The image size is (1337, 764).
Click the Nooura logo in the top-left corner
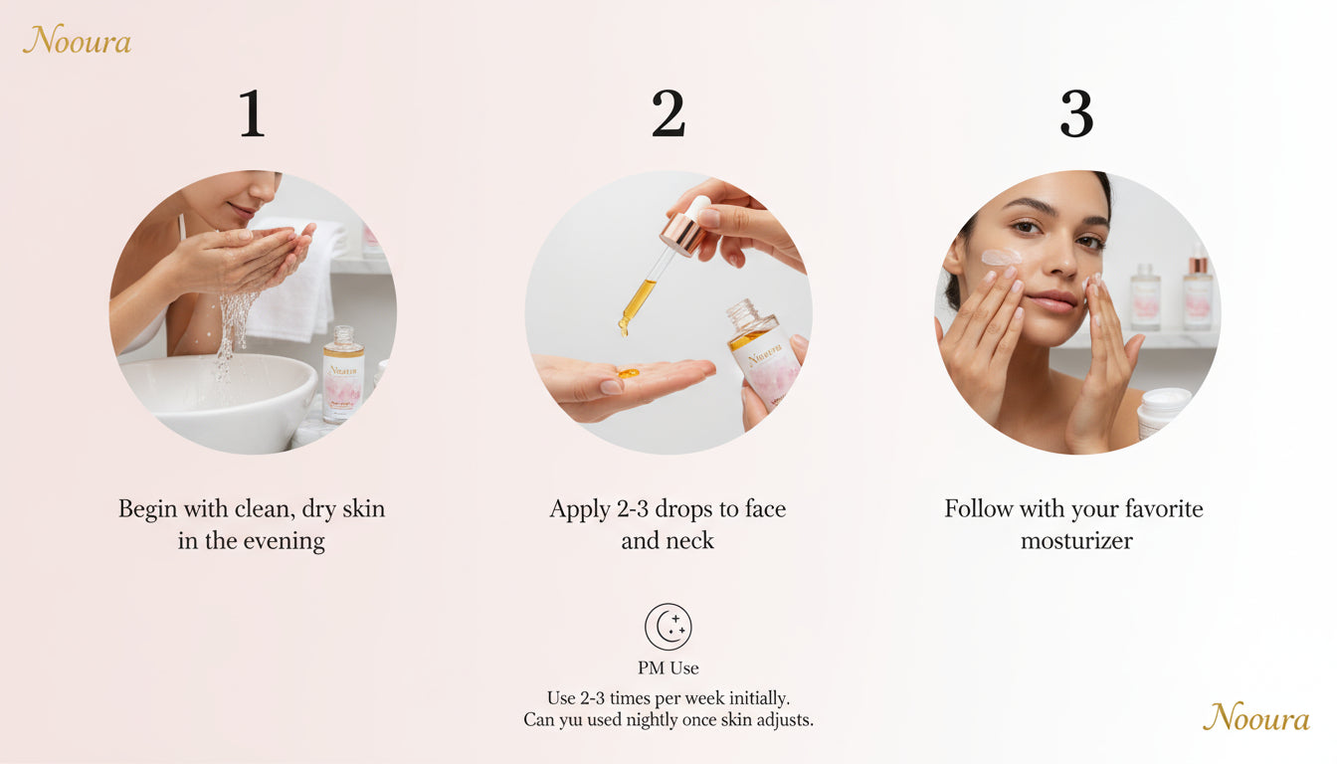pyautogui.click(x=77, y=40)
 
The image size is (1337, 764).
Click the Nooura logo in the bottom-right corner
pyautogui.click(x=1255, y=716)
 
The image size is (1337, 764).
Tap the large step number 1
pyautogui.click(x=252, y=114)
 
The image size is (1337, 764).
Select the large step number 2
pyautogui.click(x=668, y=114)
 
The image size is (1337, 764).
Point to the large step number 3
pyautogui.click(x=1076, y=114)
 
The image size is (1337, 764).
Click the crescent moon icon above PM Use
pyautogui.click(x=668, y=627)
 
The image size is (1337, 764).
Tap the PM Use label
pyautogui.click(x=668, y=668)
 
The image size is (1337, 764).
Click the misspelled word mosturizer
pyautogui.click(x=1076, y=541)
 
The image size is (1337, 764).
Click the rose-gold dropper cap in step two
pyautogui.click(x=683, y=232)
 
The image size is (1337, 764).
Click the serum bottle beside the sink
pyautogui.click(x=342, y=375)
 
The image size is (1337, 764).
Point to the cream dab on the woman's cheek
pyautogui.click(x=1000, y=258)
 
